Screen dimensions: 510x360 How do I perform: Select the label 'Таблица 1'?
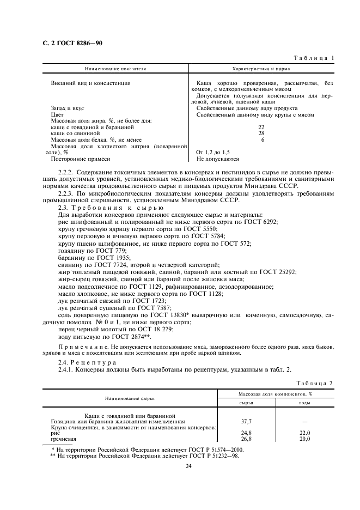(314, 58)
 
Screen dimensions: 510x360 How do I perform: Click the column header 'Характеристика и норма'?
(261, 69)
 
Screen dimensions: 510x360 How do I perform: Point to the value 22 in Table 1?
(261, 126)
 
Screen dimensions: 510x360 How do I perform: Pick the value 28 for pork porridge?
(261, 133)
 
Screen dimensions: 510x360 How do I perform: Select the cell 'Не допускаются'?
(218, 159)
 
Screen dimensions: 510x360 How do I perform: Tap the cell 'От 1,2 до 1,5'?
(213, 153)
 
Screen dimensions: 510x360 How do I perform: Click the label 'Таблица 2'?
(314, 383)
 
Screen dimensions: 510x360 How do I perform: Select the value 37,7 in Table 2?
(246, 421)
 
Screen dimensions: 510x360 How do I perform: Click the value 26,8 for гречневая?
(246, 439)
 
